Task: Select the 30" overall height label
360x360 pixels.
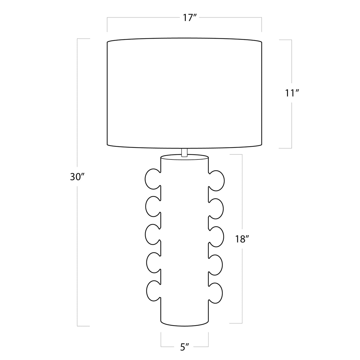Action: (x=76, y=177)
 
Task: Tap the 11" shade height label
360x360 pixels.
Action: (x=291, y=93)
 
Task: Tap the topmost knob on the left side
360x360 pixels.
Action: (x=153, y=179)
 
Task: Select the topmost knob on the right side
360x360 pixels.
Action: (x=216, y=180)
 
